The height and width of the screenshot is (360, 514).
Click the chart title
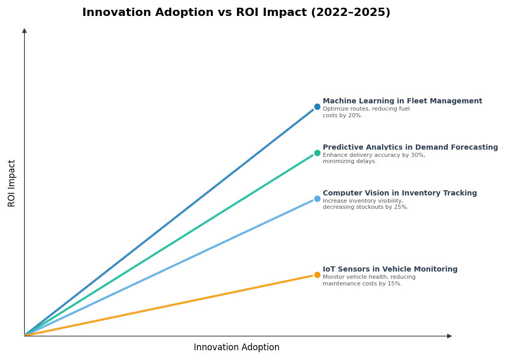tap(236, 13)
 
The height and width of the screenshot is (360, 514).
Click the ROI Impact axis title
tap(12, 183)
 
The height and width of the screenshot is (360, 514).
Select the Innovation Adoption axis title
tap(236, 348)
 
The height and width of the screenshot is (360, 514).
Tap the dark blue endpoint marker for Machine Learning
tap(317, 107)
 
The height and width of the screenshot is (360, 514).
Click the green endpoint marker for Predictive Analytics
tap(317, 153)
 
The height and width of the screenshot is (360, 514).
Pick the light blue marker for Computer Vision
tap(317, 199)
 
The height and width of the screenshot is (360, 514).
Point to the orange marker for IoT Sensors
tap(317, 275)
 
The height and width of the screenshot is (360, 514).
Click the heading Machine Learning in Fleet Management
tap(402, 101)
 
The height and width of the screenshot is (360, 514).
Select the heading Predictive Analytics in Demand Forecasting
tap(410, 148)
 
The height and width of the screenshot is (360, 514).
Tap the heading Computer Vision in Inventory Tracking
tap(399, 193)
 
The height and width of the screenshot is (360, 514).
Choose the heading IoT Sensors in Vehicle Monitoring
tap(390, 269)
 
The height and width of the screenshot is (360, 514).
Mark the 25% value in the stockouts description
tap(400, 207)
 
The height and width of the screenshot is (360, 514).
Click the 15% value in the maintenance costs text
tap(394, 284)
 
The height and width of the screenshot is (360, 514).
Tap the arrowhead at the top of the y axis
tap(24, 31)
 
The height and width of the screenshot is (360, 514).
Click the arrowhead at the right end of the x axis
tap(449, 336)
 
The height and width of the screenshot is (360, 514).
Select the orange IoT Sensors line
tap(170, 305)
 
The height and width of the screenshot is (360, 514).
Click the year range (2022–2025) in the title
tap(350, 13)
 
